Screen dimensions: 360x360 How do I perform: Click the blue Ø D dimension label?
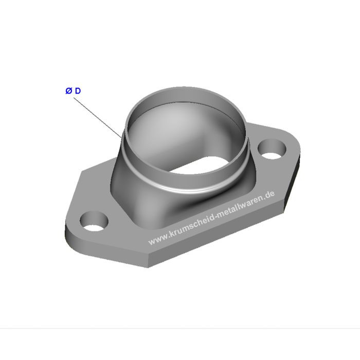click(73, 91)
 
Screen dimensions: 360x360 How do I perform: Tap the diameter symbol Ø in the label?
click(68, 91)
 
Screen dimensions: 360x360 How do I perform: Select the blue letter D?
click(78, 91)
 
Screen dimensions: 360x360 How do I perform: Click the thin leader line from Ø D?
click(98, 118)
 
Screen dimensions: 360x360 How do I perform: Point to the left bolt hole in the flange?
click(94, 221)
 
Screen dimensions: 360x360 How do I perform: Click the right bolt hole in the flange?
click(272, 149)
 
